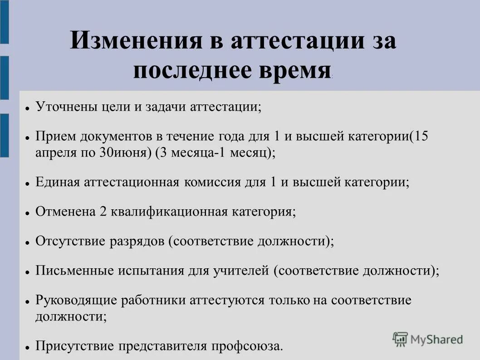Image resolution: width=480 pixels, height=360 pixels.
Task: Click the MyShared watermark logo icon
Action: (400, 339)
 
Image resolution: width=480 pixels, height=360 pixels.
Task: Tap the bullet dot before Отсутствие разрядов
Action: (28, 242)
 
